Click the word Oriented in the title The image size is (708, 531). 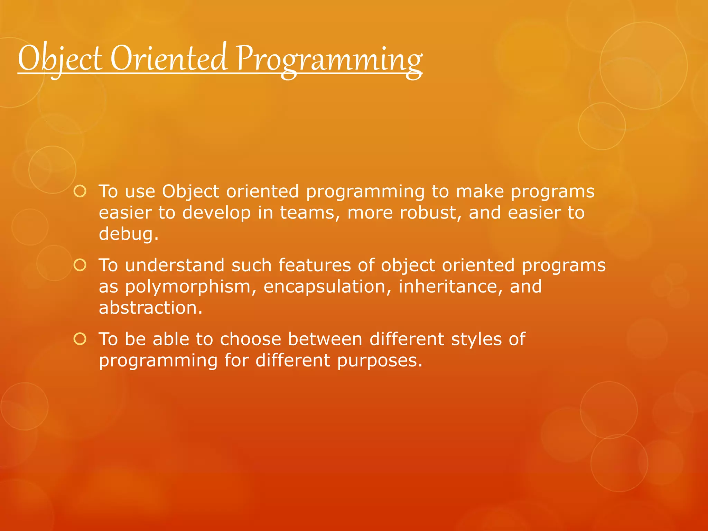[169, 59]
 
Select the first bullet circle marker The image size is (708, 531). [80, 191]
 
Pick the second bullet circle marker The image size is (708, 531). [80, 265]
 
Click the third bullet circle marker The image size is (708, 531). [80, 339]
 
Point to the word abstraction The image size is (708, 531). [150, 308]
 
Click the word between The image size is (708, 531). [325, 339]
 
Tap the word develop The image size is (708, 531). [216, 213]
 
